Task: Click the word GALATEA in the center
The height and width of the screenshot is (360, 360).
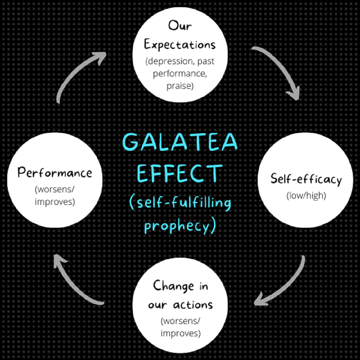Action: tap(180, 142)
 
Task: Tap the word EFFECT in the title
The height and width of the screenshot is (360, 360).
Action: tap(180, 174)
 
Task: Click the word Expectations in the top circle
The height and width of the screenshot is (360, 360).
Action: tap(180, 44)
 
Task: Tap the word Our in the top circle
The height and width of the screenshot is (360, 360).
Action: tap(180, 25)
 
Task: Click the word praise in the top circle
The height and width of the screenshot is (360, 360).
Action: tap(178, 86)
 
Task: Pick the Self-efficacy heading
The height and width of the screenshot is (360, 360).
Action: tap(306, 179)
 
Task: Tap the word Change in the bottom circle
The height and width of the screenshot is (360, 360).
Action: tap(174, 286)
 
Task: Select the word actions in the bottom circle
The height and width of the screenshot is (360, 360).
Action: tap(193, 305)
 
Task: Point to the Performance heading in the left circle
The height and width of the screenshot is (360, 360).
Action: tap(55, 172)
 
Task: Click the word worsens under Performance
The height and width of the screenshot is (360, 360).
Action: tap(53, 190)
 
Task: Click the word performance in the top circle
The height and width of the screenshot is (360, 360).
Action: tap(180, 74)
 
